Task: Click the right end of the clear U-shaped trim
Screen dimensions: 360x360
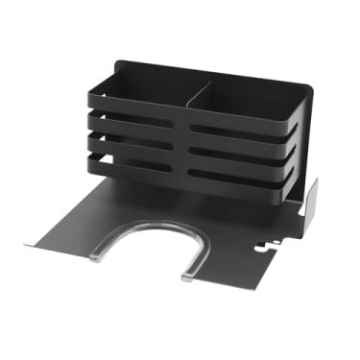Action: pyautogui.click(x=186, y=279)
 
